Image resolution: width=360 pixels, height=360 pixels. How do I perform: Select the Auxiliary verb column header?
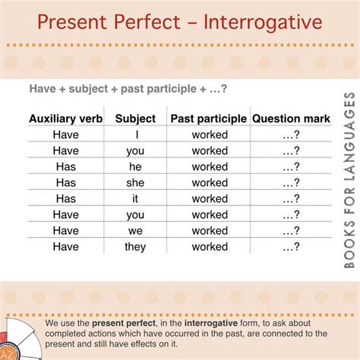coord(66,118)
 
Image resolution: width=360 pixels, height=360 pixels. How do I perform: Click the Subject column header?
coord(135,118)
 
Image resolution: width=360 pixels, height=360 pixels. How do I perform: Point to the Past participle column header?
coord(209,118)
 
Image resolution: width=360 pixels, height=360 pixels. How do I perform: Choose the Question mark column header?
coord(291,118)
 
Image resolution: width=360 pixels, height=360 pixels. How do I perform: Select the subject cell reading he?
coord(135,166)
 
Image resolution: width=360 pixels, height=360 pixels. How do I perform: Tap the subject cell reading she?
coord(135,182)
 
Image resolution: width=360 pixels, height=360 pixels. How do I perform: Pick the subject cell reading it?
coord(135,198)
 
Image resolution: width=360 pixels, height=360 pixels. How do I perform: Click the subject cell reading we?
coord(135,231)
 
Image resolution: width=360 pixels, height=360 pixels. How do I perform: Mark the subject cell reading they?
coord(135,247)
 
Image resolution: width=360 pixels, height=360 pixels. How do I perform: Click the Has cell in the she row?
coord(66,182)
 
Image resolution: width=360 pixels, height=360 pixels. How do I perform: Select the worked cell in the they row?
coord(209,247)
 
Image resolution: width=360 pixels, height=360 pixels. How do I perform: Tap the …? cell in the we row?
coord(291,231)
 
